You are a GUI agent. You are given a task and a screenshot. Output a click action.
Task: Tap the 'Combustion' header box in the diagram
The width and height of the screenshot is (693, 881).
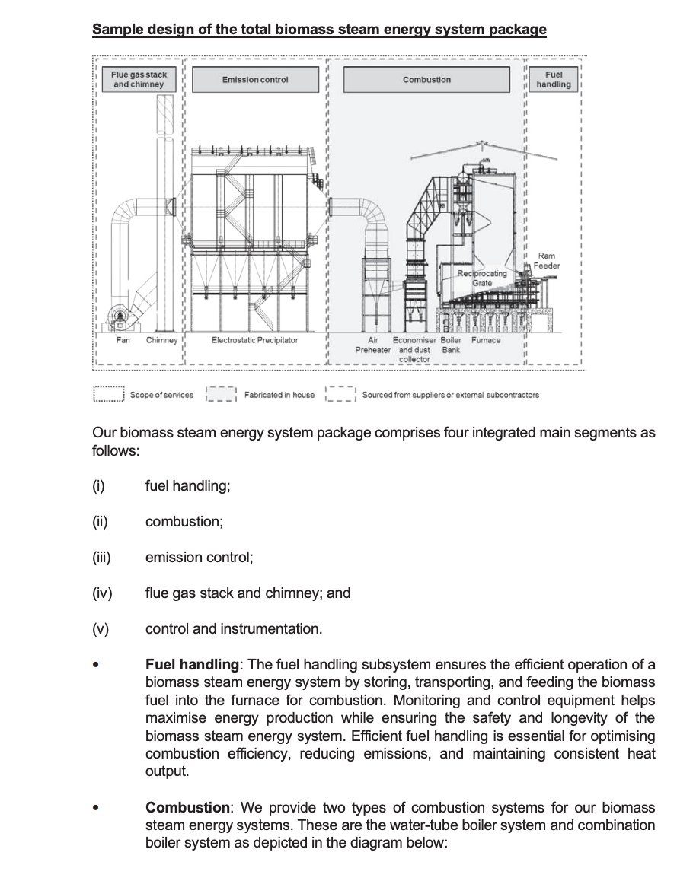coord(426,80)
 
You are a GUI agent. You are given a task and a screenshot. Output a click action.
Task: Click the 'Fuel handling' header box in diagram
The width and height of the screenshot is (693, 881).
coord(553,80)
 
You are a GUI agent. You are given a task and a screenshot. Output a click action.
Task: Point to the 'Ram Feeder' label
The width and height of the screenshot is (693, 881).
coord(546,261)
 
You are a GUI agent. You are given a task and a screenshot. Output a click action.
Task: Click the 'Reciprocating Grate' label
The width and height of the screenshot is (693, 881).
coord(481,278)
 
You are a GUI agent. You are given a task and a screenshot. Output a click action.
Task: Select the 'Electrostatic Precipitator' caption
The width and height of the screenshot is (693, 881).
coord(255,340)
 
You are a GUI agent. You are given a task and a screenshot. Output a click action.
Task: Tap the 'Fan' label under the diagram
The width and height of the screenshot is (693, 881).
coord(123,340)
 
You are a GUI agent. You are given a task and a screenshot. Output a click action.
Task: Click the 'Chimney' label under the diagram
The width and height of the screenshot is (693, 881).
coord(161,340)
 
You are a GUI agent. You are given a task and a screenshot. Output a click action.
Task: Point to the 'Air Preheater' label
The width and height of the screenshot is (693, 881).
coord(372,345)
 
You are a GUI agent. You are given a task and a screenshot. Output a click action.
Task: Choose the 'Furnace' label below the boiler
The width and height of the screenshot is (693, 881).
coord(486,340)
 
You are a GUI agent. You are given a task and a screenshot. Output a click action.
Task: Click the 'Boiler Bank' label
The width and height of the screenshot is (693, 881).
coord(452,345)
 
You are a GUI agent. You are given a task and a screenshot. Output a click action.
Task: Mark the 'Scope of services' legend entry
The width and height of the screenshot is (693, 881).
coord(161,395)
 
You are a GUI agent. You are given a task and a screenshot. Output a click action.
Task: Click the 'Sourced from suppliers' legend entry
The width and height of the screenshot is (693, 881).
coord(450,395)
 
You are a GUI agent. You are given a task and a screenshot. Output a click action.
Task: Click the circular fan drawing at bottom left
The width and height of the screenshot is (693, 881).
coord(120,316)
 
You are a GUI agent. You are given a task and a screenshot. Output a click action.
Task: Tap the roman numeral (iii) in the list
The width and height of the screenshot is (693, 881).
coord(101,557)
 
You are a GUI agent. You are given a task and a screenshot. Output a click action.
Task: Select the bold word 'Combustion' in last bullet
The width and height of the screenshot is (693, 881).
coord(187,807)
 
